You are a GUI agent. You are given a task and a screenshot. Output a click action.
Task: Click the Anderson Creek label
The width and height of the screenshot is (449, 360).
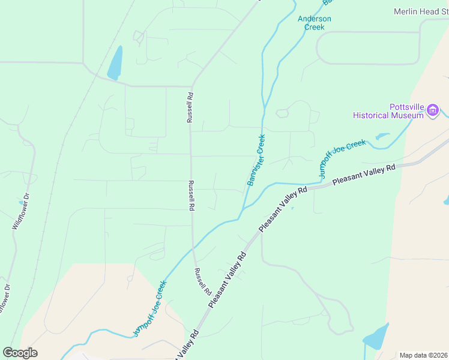[x=314, y=23]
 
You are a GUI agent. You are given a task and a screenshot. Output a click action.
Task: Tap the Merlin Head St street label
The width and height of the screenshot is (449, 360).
[x=421, y=11]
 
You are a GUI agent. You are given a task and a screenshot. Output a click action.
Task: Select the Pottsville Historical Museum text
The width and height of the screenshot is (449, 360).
[x=388, y=111]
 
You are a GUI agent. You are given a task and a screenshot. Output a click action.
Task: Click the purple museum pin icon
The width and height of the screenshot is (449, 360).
[x=432, y=110]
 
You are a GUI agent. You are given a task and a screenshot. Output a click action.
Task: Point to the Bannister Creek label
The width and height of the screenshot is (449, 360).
[x=256, y=160]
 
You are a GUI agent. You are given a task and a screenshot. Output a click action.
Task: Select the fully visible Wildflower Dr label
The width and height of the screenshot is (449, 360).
[x=20, y=211]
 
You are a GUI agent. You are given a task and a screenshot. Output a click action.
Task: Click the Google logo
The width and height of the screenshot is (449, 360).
[x=20, y=353]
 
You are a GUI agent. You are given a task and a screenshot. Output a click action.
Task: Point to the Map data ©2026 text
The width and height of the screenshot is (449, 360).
[x=423, y=355]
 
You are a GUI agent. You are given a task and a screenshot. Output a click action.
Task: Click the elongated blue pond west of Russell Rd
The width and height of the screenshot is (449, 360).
[x=115, y=62]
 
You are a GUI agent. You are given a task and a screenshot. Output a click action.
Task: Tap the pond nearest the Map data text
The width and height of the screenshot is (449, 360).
[x=375, y=337]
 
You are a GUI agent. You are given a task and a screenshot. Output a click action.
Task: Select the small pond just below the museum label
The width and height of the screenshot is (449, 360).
[x=382, y=136]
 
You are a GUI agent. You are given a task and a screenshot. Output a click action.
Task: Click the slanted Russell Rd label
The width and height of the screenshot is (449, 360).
[x=202, y=281]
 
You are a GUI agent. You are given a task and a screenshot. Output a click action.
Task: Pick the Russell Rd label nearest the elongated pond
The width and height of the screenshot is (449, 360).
[x=190, y=107]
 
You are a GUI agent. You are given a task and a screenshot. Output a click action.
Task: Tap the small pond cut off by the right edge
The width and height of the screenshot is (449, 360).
[x=446, y=200]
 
